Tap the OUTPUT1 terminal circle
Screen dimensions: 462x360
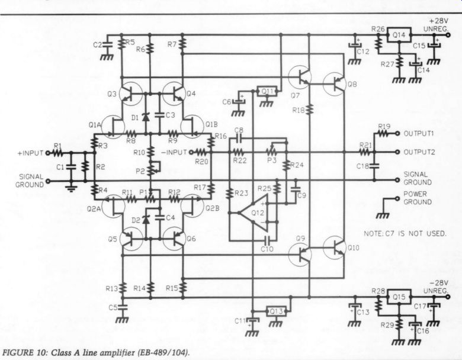[397, 133]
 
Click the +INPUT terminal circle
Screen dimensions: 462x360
[48, 153]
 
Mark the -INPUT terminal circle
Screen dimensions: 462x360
[191, 152]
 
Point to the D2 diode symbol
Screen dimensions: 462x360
[145, 219]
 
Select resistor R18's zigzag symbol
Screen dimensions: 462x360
[309, 110]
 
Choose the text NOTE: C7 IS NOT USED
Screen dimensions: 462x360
[405, 234]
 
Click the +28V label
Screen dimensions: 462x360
[438, 21]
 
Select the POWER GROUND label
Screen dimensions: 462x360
[418, 198]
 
